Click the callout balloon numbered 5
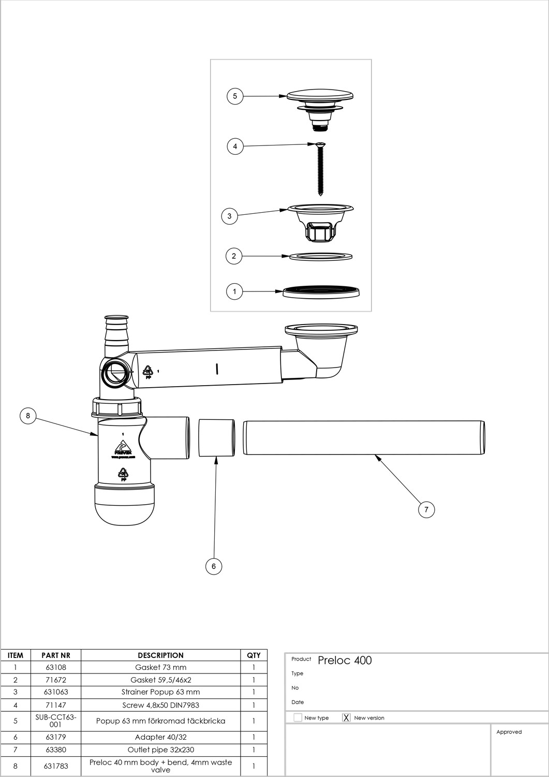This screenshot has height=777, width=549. coord(235,96)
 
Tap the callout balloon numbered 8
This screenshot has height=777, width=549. coord(28,415)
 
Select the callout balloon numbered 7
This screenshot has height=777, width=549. coord(426,509)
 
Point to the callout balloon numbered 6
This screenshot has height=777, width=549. coord(214,566)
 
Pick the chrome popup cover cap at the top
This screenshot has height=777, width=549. coord(320,96)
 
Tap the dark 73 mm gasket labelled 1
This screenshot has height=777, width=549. coord(321,291)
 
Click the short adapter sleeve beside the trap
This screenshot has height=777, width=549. coord(217,437)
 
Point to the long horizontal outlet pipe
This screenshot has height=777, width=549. coord(364,437)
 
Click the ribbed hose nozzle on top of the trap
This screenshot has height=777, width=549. coord(117,334)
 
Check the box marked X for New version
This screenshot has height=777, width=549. coord(347,717)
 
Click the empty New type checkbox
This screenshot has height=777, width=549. coord(298,717)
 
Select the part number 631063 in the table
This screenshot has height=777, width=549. coord(56,692)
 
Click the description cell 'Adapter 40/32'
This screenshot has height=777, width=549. coord(160,737)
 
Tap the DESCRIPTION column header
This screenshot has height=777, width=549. coord(160,655)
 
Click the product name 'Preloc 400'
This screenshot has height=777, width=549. coord(345,661)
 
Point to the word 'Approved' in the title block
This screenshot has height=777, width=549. coord(509,732)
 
